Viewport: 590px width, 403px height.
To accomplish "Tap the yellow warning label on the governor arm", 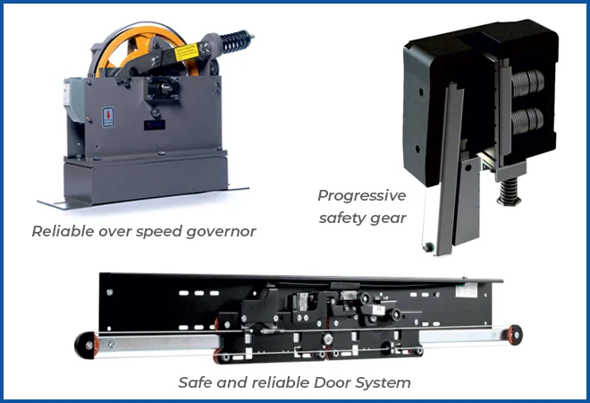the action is tap(187, 52).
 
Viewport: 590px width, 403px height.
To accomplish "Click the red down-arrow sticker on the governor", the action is tap(108, 116).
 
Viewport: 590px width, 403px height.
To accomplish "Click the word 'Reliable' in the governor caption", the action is tap(63, 231).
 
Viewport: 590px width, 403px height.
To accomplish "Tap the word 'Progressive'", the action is tap(362, 195).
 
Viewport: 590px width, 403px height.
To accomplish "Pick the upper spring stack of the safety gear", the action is tap(527, 82).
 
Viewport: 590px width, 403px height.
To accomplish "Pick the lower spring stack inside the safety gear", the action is tap(527, 120).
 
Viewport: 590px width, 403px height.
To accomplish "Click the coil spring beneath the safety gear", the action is tap(509, 192).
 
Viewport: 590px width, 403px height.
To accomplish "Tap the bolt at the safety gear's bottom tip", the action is tap(427, 247).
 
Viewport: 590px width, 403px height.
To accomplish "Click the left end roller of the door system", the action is tap(87, 345).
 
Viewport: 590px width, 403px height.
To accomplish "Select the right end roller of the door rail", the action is tap(514, 334).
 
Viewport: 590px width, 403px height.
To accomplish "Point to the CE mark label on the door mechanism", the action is tap(378, 310).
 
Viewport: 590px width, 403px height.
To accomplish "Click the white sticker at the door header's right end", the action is tap(467, 289).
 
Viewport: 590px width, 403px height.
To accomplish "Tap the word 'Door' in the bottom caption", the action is tap(332, 382).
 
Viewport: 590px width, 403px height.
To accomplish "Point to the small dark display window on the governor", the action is tap(155, 124).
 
